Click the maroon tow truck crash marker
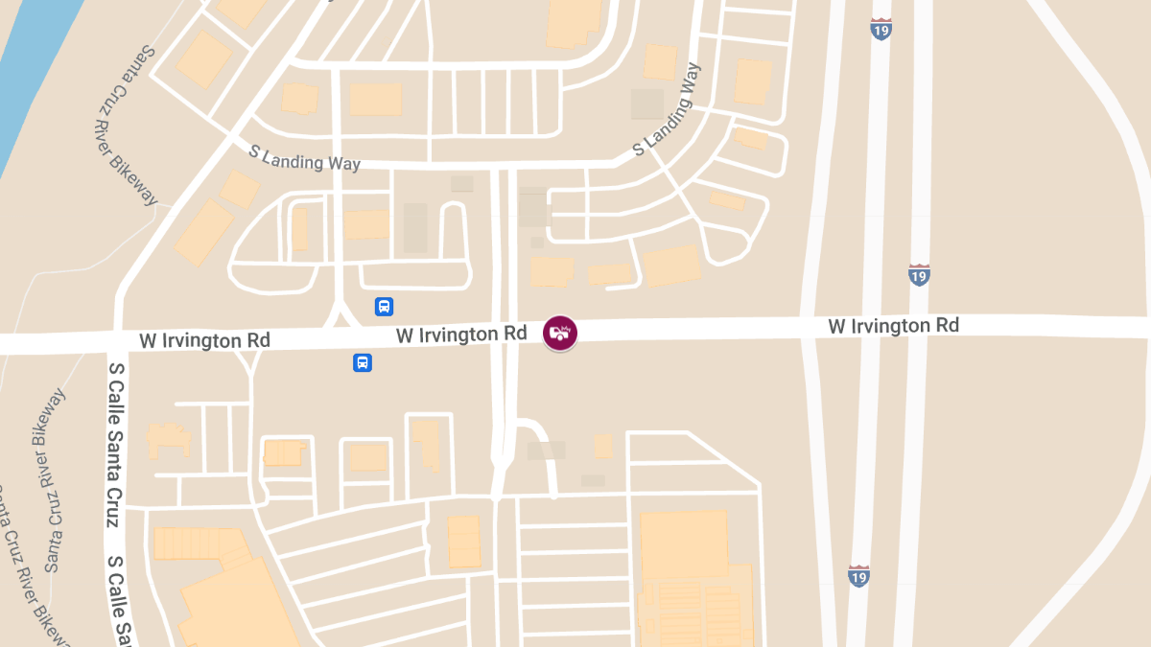559,333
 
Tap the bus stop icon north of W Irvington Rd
384,307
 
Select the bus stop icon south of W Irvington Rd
363,362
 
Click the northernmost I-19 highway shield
881,28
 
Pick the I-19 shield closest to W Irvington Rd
919,275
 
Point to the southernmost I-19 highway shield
858,575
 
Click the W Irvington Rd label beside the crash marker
461,335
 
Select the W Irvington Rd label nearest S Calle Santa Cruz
204,340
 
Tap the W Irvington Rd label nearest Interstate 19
893,326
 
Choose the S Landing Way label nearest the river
304,158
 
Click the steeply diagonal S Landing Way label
667,111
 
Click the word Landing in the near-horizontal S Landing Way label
296,158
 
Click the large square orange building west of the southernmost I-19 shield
683,544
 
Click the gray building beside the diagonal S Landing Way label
647,104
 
